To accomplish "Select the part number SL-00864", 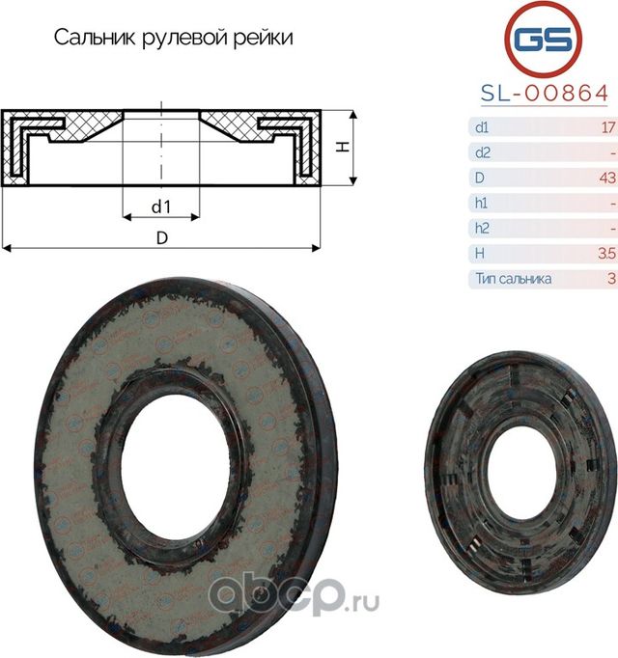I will pyautogui.click(x=544, y=93).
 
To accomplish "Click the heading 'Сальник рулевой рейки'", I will pyautogui.click(x=173, y=39).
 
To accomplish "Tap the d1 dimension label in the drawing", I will pyautogui.click(x=160, y=206).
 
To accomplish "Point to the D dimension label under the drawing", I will pyautogui.click(x=161, y=237).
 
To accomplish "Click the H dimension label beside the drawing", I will pyautogui.click(x=342, y=147).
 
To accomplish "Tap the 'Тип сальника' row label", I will pyautogui.click(x=513, y=278).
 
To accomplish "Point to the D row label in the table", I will pyautogui.click(x=479, y=178).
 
